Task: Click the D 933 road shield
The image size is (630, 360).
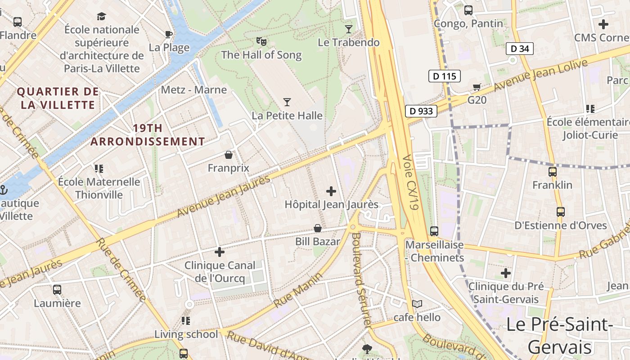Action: (421, 111)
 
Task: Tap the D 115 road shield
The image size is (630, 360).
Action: (445, 76)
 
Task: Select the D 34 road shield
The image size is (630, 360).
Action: (520, 49)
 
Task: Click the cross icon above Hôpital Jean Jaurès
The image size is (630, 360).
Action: (331, 191)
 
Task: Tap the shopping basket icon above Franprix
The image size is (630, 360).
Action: (229, 155)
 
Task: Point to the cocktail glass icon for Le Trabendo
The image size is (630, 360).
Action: (349, 29)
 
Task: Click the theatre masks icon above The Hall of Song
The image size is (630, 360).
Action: (261, 41)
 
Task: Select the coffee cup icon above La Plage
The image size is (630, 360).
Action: (169, 34)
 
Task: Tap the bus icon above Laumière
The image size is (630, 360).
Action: (57, 289)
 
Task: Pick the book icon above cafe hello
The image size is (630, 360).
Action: (417, 304)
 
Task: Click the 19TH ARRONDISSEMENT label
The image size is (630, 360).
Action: (148, 135)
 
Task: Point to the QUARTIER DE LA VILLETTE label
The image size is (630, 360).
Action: (58, 98)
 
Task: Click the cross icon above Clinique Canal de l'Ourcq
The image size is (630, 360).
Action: (220, 252)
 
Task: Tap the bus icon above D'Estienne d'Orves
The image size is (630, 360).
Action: (560, 211)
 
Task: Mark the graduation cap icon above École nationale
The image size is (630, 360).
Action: (101, 17)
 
